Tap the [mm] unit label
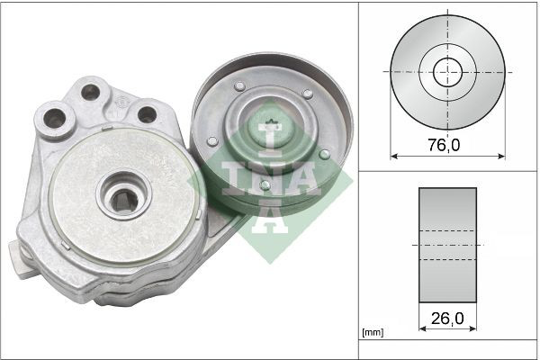(x=371, y=333)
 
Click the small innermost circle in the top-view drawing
(x=447, y=71)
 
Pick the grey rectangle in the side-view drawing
(x=447, y=246)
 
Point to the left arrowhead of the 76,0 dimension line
(x=393, y=156)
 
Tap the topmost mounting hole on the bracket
(x=89, y=91)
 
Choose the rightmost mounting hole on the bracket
(x=146, y=114)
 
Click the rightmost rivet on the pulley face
(x=324, y=154)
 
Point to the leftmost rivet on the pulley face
(x=211, y=141)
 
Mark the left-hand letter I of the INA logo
(x=229, y=177)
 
